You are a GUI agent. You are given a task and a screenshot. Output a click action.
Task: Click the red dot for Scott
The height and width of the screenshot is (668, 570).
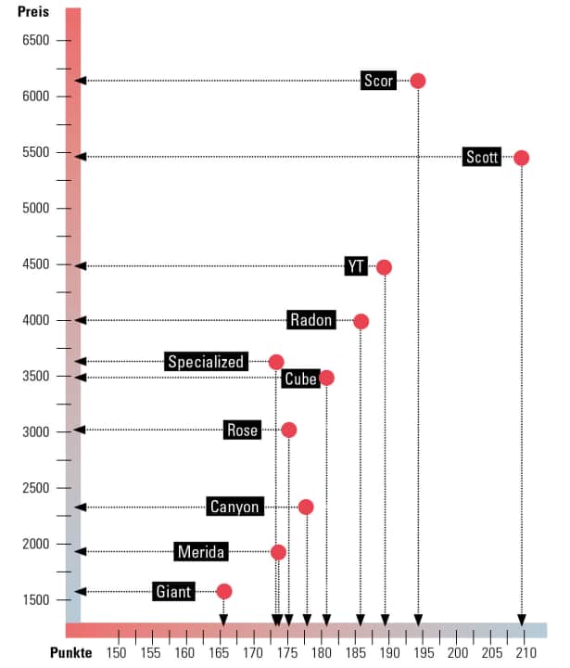click(x=522, y=158)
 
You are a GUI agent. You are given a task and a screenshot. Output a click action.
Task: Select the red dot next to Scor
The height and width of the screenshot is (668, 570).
click(x=418, y=81)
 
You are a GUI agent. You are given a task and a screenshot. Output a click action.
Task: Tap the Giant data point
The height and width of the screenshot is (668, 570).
click(x=223, y=591)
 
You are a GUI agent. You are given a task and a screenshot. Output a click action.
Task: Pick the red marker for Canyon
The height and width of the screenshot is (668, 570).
click(x=306, y=507)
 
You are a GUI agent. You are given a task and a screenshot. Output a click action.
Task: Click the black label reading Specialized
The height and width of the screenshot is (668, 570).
click(x=206, y=362)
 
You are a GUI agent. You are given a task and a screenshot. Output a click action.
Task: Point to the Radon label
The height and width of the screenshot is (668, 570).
click(x=311, y=320)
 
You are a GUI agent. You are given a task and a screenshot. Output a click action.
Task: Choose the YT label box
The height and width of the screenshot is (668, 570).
click(x=356, y=266)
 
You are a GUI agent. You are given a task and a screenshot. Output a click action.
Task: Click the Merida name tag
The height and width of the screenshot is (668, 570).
click(x=201, y=552)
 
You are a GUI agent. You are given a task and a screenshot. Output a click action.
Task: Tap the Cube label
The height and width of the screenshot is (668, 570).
click(x=300, y=379)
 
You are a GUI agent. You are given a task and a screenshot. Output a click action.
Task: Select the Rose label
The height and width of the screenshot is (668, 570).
click(x=242, y=430)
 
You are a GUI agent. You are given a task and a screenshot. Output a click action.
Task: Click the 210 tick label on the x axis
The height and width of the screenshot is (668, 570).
click(x=526, y=652)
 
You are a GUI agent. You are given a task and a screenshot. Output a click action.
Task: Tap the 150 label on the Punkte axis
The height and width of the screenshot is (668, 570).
click(x=117, y=652)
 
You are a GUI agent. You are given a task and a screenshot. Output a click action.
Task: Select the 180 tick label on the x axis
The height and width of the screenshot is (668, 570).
click(x=322, y=652)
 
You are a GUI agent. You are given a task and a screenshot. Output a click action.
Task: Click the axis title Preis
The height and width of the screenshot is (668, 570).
click(x=33, y=13)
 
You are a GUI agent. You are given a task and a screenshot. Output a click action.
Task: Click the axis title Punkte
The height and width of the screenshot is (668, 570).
click(x=71, y=652)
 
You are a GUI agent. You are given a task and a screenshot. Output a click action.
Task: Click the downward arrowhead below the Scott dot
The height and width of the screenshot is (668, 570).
click(x=522, y=620)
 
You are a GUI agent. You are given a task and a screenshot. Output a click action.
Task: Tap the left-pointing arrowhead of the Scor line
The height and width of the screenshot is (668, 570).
click(x=81, y=81)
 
